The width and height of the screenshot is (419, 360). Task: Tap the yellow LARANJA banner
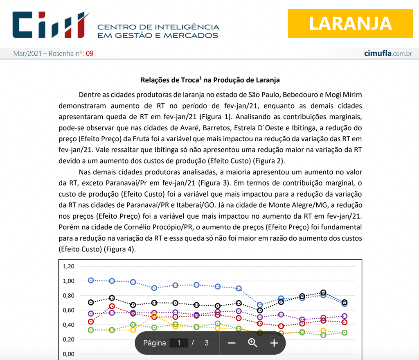pos(350,23)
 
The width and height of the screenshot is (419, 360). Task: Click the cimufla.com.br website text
pos(387,54)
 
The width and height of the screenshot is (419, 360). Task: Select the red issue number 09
pos(89,54)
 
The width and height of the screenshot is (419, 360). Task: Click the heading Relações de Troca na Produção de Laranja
pos(210,80)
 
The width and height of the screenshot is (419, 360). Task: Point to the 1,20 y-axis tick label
pos(68,266)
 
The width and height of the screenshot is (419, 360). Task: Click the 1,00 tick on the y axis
pos(68,281)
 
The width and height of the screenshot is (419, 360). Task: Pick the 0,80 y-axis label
pos(68,296)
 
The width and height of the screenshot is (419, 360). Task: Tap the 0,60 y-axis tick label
pos(68,310)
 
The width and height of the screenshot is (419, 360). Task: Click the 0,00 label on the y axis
pos(68,354)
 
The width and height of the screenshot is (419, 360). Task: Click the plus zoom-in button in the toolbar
pos(274,343)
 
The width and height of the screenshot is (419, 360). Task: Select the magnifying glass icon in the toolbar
pos(253,343)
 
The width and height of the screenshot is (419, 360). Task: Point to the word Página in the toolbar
pos(155,343)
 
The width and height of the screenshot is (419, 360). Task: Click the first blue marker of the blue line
pos(91,280)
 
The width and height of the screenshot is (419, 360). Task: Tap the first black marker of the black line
pos(91,303)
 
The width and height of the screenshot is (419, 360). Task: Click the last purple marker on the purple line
pos(345,316)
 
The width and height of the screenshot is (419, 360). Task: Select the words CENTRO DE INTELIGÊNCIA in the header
pos(158,27)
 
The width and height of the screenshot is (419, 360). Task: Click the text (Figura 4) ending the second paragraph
pos(119,248)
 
